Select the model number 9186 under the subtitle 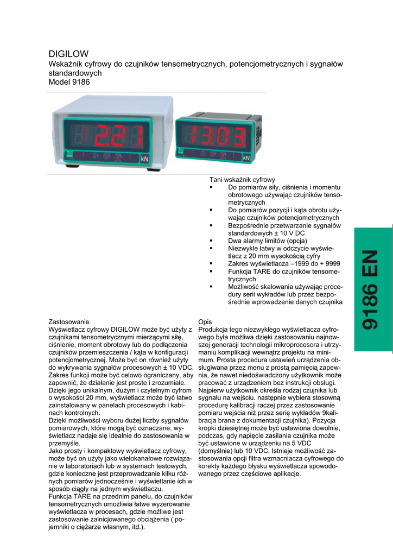click(80, 82)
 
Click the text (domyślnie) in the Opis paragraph click(218, 451)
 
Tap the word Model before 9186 click(59, 82)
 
